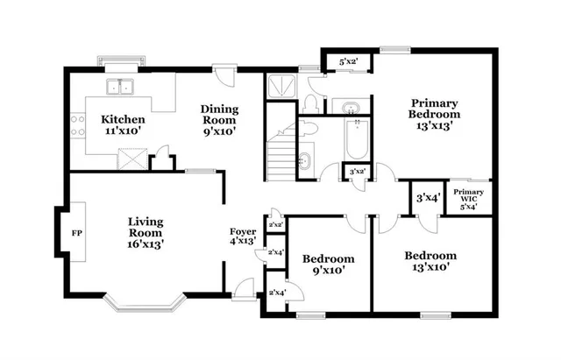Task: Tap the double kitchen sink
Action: (x=120, y=87)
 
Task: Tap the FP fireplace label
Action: (x=75, y=235)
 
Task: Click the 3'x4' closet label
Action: (x=428, y=198)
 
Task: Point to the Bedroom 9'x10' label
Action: (x=329, y=265)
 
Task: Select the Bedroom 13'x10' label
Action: (x=430, y=262)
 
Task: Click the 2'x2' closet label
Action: (x=275, y=225)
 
